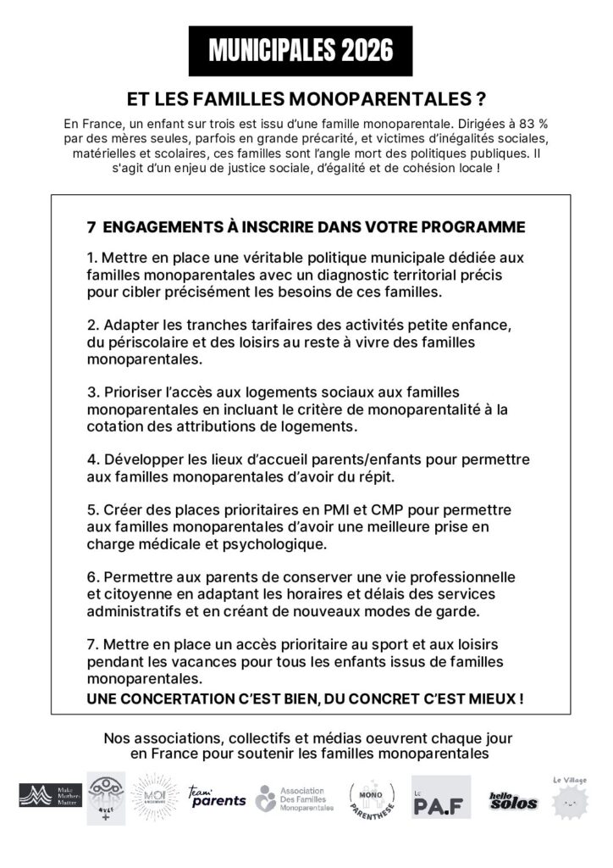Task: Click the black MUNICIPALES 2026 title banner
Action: coord(301,51)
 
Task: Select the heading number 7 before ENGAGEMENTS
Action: coord(91,227)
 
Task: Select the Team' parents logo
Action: coord(217,795)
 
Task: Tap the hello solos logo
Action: coord(513,799)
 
